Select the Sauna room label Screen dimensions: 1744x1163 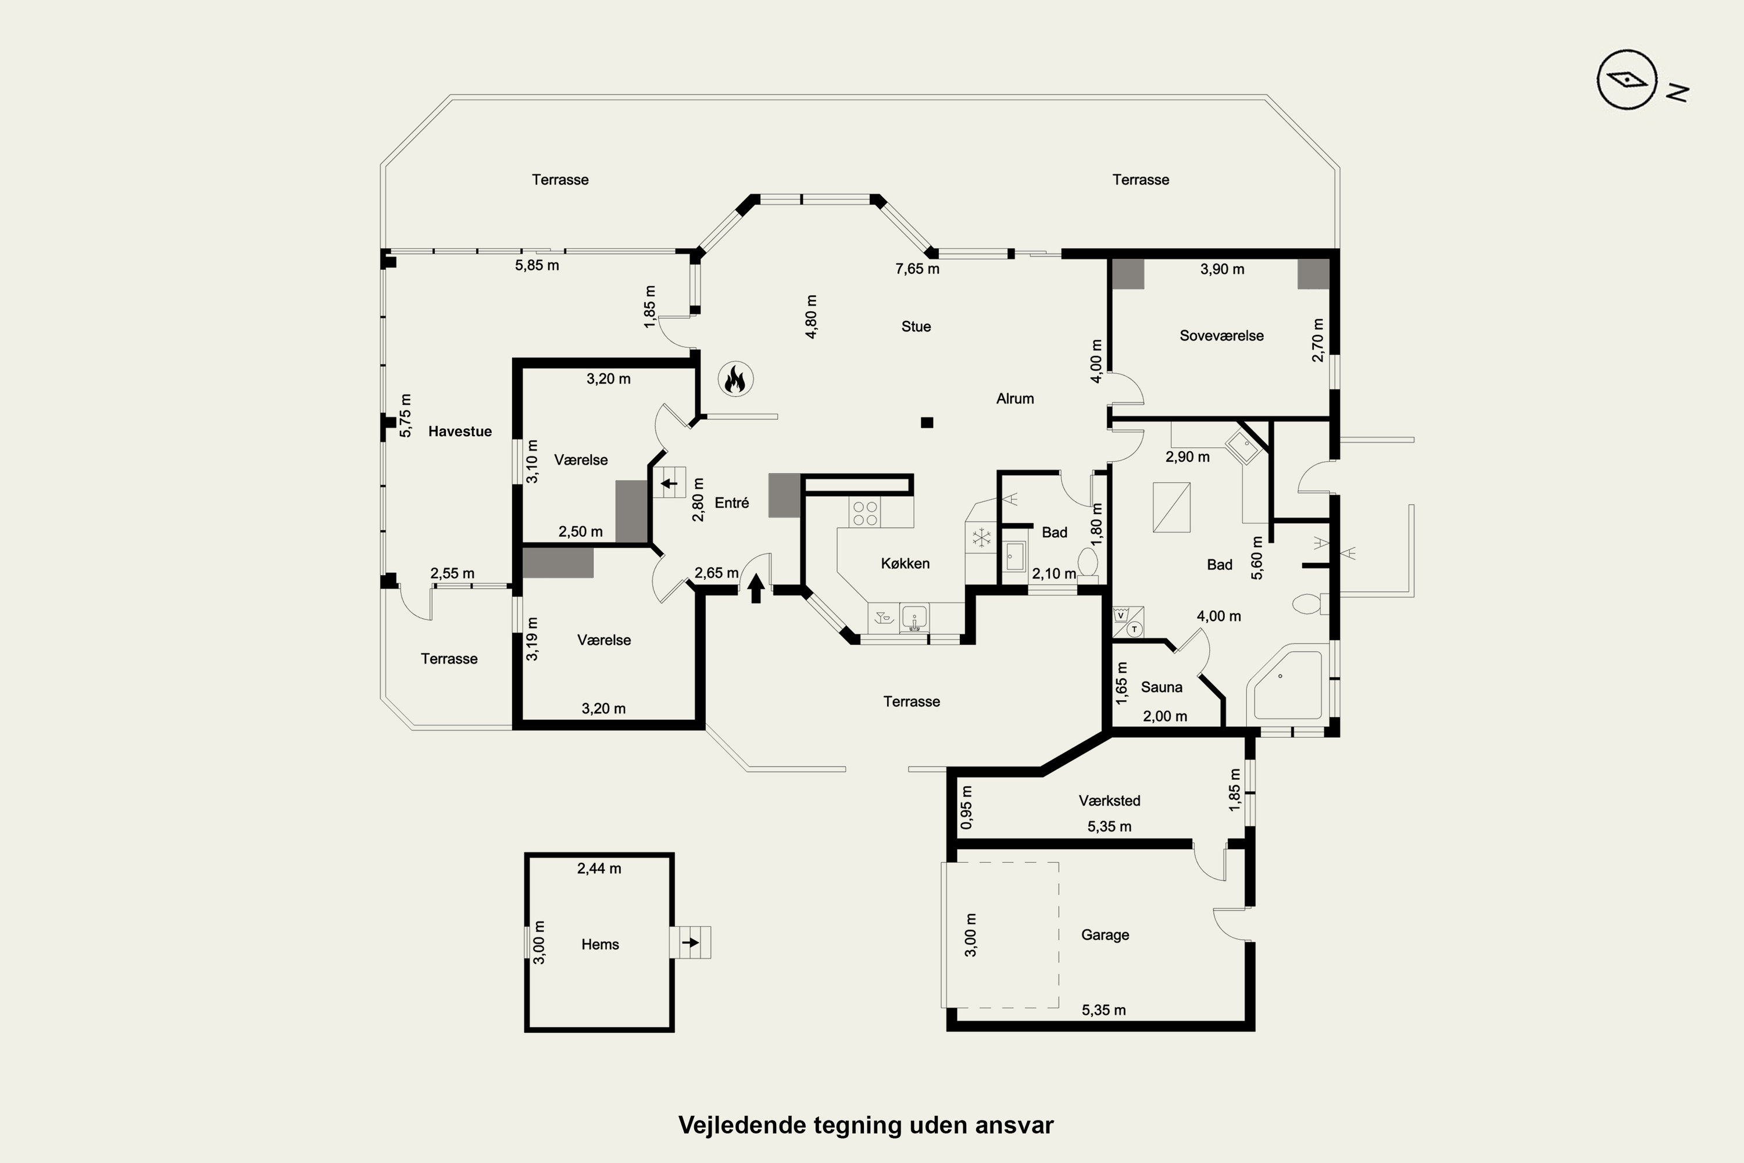1161,687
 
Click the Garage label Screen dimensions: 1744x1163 1105,935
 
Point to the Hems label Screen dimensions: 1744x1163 600,944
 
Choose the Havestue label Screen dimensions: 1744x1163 460,431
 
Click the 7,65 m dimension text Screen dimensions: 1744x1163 917,269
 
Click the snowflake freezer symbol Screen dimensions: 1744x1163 982,538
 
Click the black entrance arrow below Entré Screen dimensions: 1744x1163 756,587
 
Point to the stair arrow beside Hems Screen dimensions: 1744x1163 691,943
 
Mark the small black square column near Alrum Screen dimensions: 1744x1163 927,423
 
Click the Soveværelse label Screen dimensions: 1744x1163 1221,336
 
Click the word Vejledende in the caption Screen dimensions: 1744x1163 742,1125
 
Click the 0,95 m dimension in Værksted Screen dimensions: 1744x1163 966,807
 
